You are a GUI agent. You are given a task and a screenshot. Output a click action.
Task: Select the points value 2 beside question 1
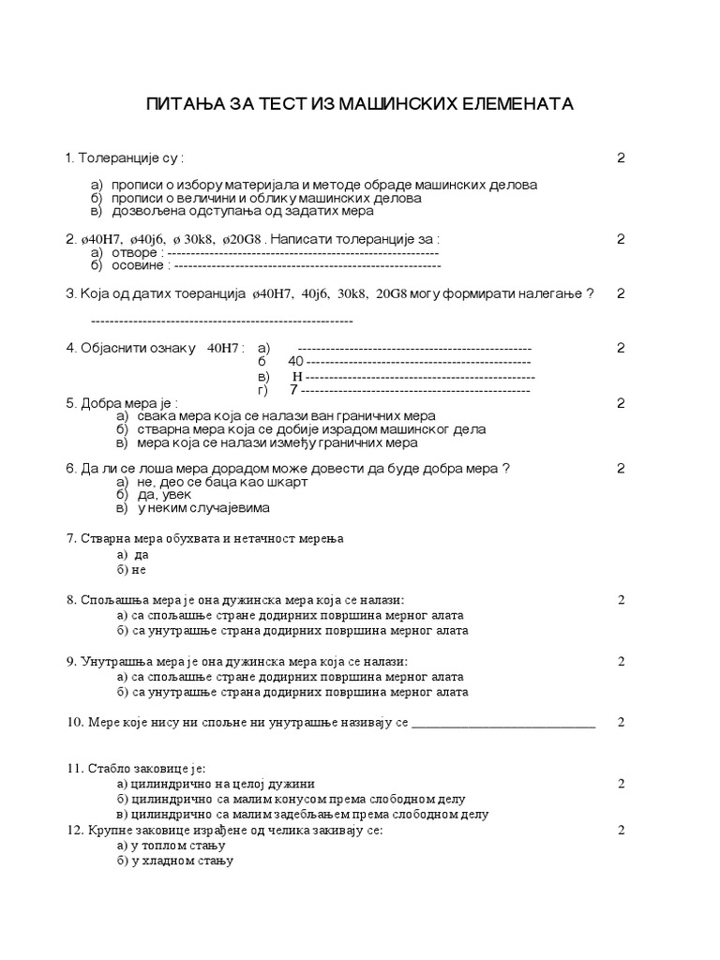point(621,157)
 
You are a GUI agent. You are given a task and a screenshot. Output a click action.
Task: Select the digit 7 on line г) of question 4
point(293,390)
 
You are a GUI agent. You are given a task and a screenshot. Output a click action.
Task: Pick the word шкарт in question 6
point(283,482)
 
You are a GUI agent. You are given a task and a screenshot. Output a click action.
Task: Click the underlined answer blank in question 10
point(503,723)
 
